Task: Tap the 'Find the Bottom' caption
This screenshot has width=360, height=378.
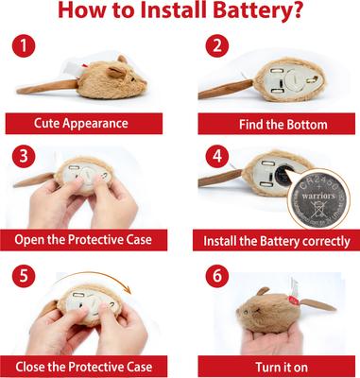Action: click(x=273, y=124)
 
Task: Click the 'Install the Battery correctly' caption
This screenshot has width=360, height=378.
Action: click(x=273, y=241)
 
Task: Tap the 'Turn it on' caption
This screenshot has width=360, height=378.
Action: click(x=273, y=364)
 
